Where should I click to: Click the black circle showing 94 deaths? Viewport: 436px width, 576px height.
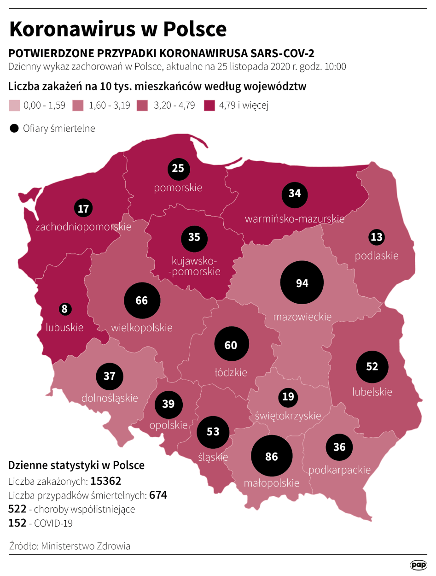(x=302, y=283)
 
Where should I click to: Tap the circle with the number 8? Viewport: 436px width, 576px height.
(x=64, y=309)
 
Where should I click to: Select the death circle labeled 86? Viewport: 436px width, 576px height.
(x=272, y=456)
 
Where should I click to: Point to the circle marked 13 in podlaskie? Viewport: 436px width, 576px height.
(x=377, y=237)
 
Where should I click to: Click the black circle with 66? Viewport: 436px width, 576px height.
(x=142, y=300)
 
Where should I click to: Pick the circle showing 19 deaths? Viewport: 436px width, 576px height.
(x=288, y=397)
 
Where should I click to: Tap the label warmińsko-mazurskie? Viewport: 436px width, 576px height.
(x=295, y=219)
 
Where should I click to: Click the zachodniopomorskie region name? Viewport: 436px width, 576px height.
(x=83, y=227)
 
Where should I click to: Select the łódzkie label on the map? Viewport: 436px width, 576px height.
(x=231, y=372)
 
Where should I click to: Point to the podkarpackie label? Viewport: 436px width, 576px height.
(x=340, y=470)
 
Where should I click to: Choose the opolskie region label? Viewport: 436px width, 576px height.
(x=169, y=425)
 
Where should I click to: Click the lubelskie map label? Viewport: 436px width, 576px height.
(x=372, y=392)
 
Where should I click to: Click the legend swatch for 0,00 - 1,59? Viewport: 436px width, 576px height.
(x=14, y=106)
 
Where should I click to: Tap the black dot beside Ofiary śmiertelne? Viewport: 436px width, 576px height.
(x=14, y=129)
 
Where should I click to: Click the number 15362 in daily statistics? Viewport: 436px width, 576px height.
(x=106, y=481)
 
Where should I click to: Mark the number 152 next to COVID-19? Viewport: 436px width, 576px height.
(x=17, y=523)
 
